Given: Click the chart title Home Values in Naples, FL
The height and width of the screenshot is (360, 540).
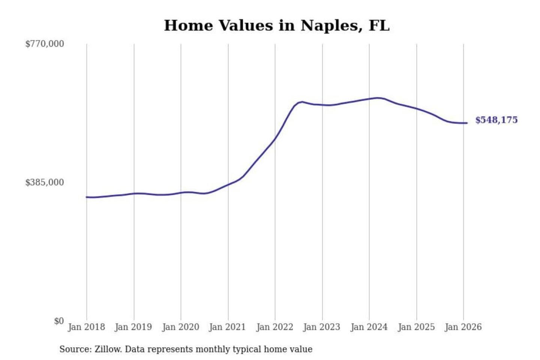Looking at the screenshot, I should click(x=277, y=25).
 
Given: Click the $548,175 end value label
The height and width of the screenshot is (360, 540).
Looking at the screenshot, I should click(x=496, y=120).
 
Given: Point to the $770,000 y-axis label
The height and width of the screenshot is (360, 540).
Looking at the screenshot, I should click(x=45, y=44).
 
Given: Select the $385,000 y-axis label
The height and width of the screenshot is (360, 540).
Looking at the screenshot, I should click(x=45, y=183).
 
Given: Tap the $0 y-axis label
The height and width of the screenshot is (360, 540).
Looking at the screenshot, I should click(x=59, y=321).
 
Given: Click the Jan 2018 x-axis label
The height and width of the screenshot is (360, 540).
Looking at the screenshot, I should click(x=86, y=327).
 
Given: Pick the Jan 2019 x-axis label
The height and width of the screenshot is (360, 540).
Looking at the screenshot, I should click(x=133, y=327).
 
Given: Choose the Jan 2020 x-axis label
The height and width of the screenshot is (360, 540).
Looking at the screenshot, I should click(x=180, y=327).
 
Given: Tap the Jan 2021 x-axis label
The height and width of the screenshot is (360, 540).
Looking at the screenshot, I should click(x=227, y=327).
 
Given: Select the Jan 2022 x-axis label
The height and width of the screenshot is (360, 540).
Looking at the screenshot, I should click(x=274, y=327).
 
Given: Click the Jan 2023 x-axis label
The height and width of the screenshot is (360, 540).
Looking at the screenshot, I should click(x=321, y=327).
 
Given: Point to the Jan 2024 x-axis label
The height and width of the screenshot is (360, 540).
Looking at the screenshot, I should click(x=369, y=327).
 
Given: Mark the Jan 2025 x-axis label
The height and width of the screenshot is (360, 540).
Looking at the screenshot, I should click(x=416, y=327).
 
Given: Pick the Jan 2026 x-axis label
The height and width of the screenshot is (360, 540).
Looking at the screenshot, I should click(x=463, y=327).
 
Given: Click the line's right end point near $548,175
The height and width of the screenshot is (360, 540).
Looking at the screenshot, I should click(x=466, y=123).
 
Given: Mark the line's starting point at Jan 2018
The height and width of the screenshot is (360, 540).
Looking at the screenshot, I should click(x=87, y=197).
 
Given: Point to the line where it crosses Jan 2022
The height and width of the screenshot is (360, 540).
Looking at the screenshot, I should click(x=275, y=139).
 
